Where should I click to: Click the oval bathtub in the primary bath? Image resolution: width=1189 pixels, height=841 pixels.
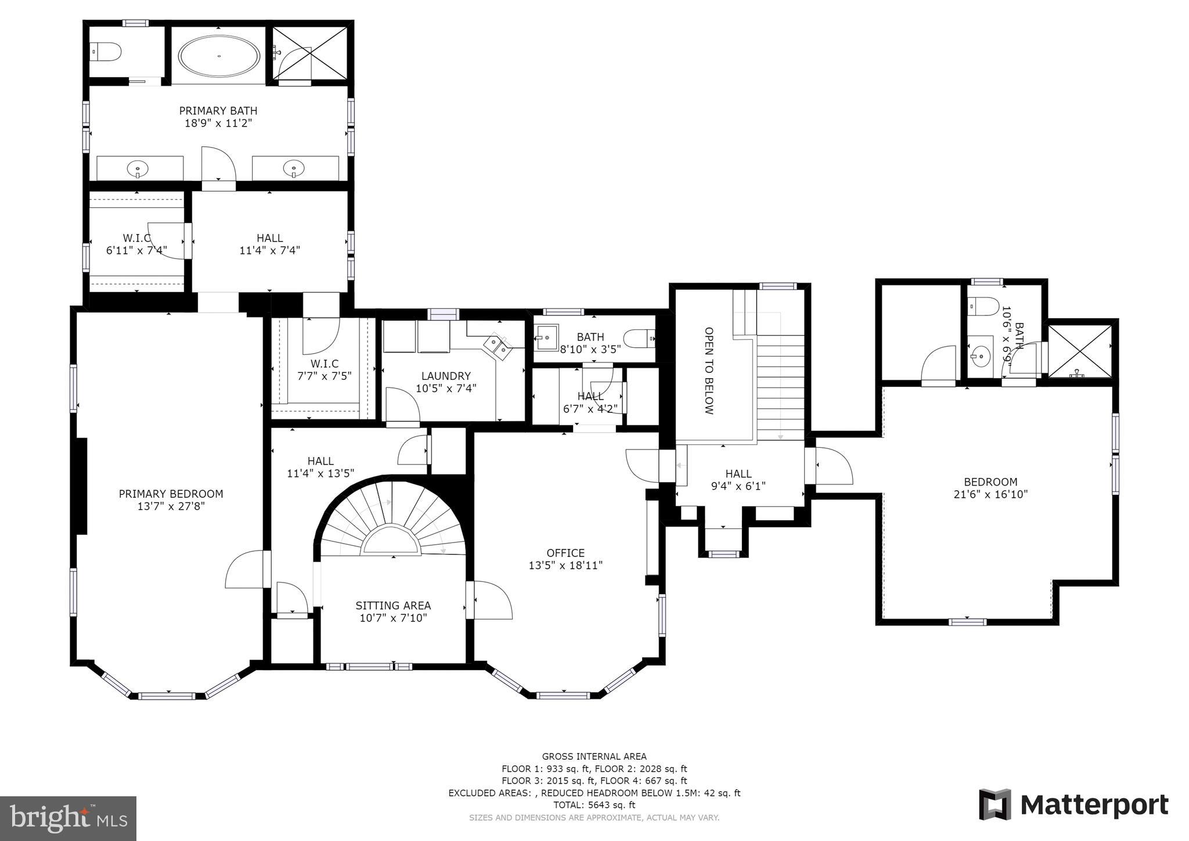pos(219,56)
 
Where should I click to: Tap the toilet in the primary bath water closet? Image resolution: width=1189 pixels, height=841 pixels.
pos(107,52)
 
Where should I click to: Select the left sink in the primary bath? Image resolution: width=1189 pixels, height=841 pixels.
pos(138,168)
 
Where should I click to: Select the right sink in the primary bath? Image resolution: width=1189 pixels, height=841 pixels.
pos(294,168)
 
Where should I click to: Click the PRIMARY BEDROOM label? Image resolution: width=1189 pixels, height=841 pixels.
pos(171,494)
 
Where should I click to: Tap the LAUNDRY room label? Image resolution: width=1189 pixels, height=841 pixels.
pos(445,376)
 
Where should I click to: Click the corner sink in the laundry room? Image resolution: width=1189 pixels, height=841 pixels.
pos(498,346)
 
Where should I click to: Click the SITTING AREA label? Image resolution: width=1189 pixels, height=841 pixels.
pos(393,605)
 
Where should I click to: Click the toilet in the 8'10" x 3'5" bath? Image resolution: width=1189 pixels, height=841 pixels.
pos(640,338)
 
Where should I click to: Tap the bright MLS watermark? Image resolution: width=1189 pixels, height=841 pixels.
pos(68,818)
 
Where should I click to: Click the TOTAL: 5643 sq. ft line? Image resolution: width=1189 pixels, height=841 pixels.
pos(594,805)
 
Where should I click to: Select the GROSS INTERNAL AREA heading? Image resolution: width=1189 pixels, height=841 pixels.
pos(594,756)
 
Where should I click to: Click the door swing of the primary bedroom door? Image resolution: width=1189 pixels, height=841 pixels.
pos(244,569)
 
